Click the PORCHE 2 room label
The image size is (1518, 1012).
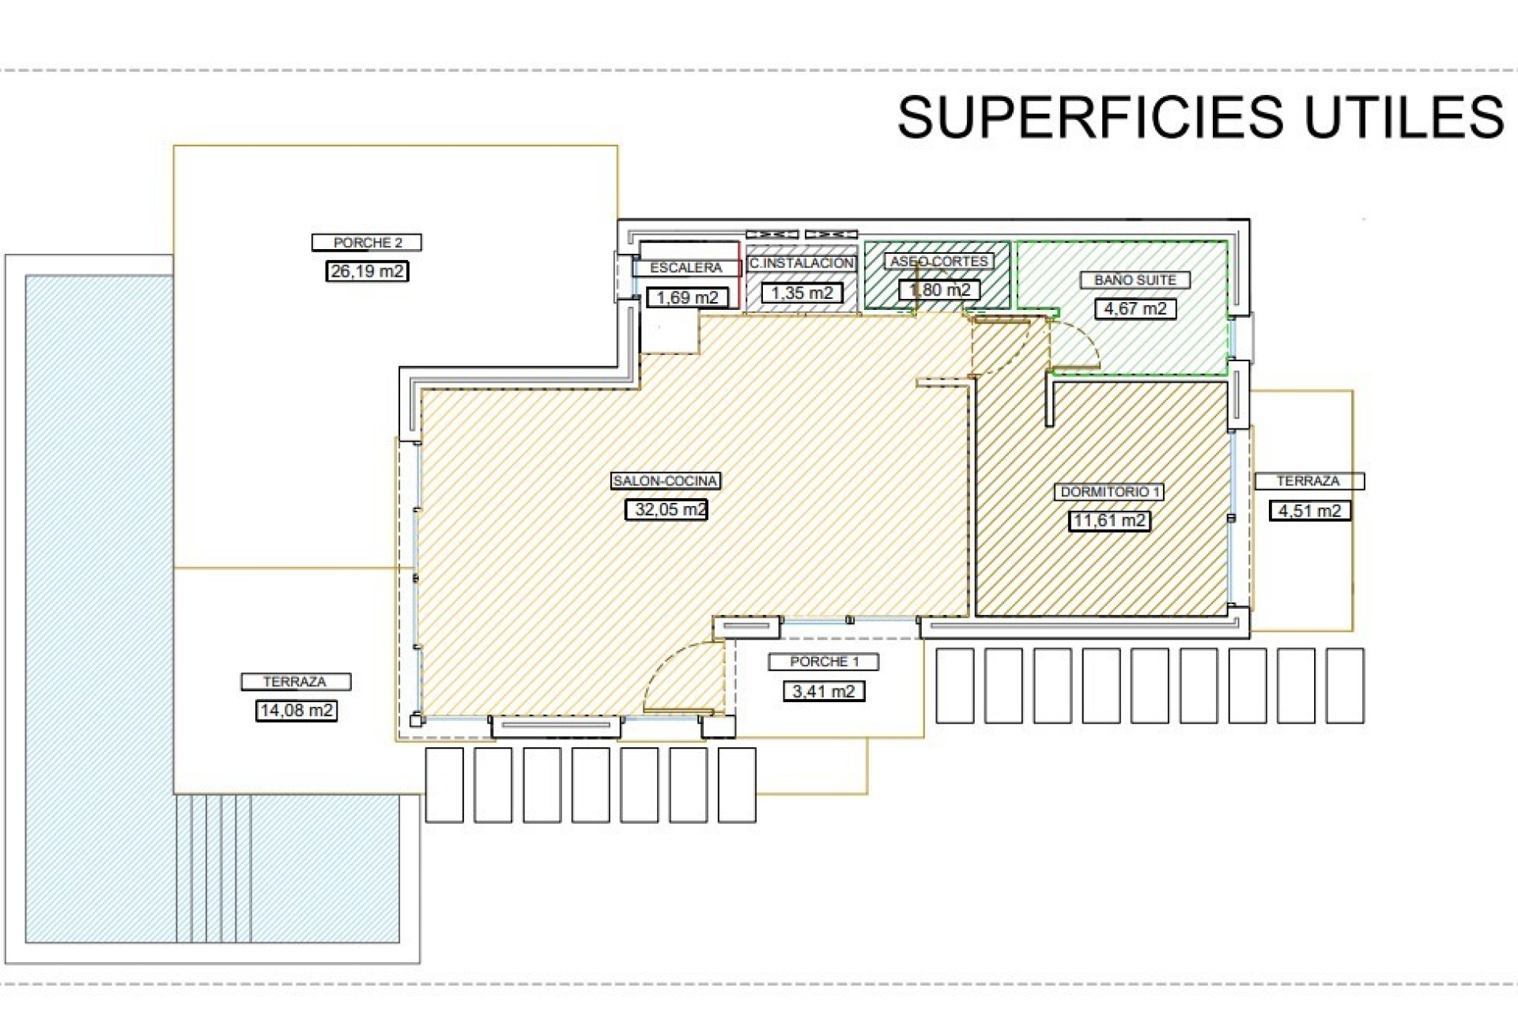[x=367, y=243]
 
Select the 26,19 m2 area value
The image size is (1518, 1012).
[x=367, y=271]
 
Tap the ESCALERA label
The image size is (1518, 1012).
[x=685, y=268]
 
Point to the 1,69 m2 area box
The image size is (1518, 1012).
[x=687, y=297]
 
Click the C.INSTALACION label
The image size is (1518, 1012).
[x=802, y=263]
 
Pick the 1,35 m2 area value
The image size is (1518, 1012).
[x=802, y=293]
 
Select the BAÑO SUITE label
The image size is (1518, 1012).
[x=1135, y=280]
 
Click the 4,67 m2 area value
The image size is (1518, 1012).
[x=1135, y=308]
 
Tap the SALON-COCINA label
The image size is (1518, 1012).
[x=666, y=481]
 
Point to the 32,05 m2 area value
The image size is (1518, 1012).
[x=666, y=510]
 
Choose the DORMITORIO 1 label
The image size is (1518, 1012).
[x=1109, y=492]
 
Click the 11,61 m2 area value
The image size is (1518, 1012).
[x=1109, y=521]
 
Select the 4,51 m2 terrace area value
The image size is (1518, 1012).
[x=1310, y=511]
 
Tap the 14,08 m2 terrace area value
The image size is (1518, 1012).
[x=296, y=711]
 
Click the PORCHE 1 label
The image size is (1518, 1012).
[x=824, y=662]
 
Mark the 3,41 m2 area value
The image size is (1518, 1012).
[x=824, y=692]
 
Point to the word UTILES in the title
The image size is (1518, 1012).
[x=1403, y=117]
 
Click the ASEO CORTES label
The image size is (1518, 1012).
[x=938, y=261]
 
